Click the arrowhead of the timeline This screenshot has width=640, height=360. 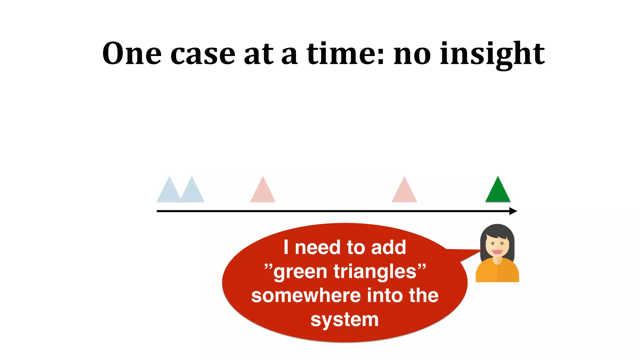click(x=513, y=211)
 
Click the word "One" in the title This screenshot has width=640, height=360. click(x=132, y=54)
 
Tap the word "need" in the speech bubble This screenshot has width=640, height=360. click(x=317, y=247)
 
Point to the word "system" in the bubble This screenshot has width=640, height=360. click(x=345, y=320)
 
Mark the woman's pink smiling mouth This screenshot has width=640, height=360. click(x=497, y=252)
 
